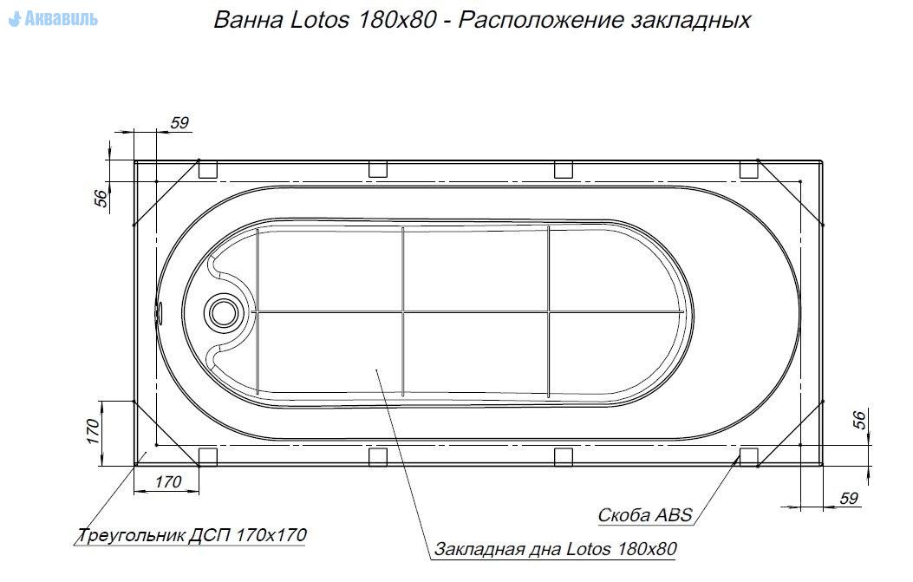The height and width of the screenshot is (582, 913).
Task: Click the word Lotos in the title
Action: point(320,21)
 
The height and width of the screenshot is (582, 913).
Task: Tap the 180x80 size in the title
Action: point(397,21)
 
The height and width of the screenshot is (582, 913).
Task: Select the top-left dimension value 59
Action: point(180,123)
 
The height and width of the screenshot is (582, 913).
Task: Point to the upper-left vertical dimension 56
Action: point(101,199)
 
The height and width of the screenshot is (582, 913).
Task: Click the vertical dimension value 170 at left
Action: point(93,431)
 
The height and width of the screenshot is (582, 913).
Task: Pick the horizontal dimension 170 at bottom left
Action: point(168,481)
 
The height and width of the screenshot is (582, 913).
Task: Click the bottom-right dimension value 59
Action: point(849,498)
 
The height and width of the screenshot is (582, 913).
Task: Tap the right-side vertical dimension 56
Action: point(859,420)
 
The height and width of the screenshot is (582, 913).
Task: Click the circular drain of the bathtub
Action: point(222,312)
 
